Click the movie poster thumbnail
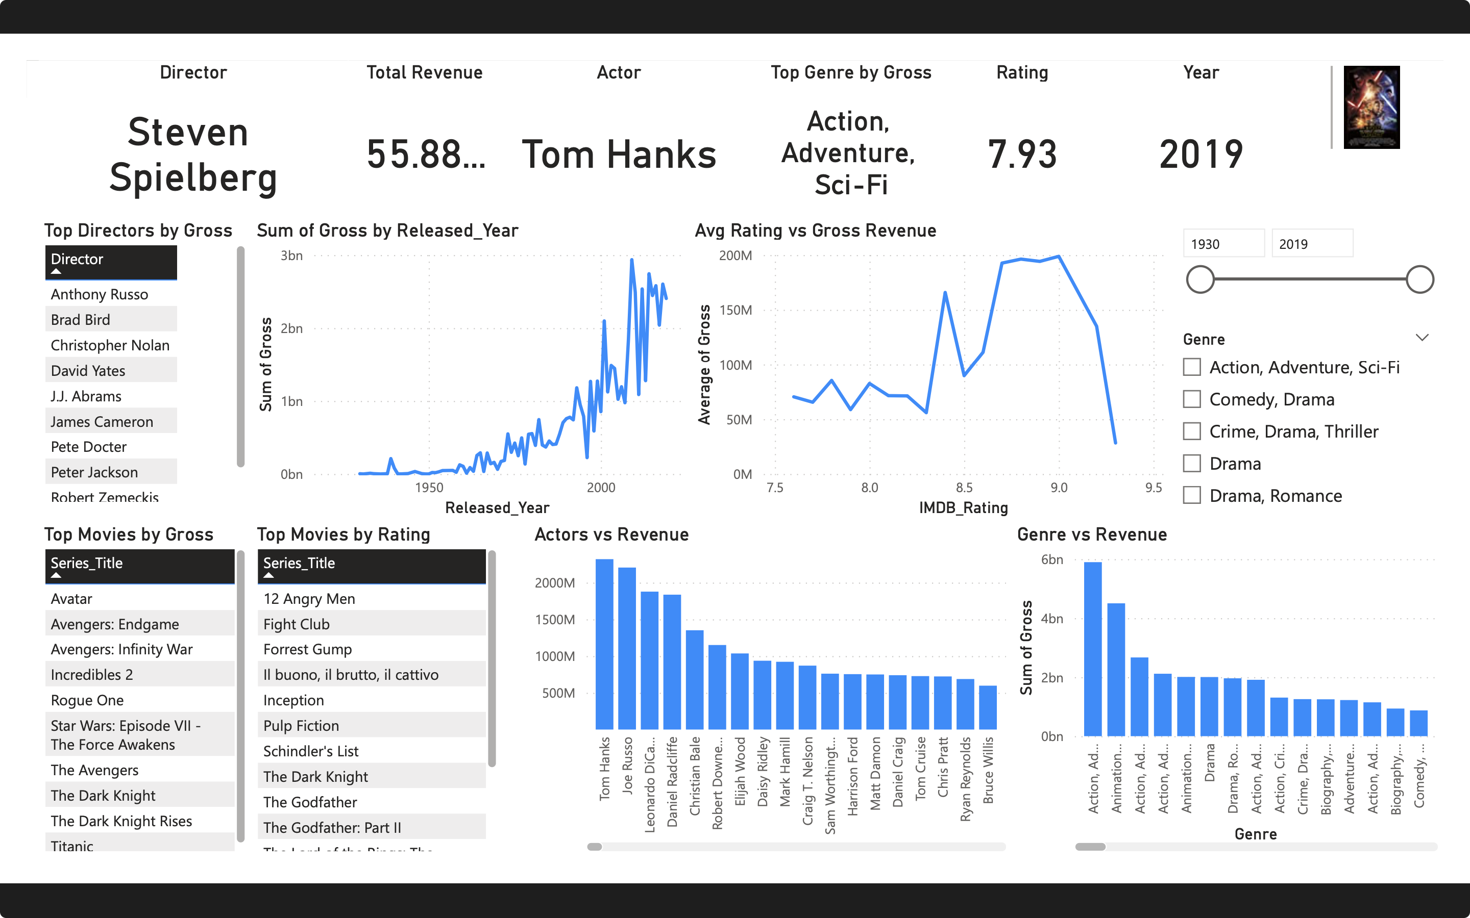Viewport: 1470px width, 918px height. [1371, 108]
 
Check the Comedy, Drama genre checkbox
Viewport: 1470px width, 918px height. [1192, 399]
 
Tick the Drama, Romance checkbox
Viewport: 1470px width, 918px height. [1192, 495]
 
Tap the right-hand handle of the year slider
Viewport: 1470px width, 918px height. [1419, 279]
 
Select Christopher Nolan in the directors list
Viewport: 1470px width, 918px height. [110, 345]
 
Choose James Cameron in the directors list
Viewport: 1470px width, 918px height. [102, 421]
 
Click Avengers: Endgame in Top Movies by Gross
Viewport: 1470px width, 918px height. [115, 624]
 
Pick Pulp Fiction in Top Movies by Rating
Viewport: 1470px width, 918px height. [301, 726]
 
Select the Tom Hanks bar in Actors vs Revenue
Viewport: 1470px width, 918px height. [604, 644]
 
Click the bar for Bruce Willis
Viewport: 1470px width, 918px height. [988, 707]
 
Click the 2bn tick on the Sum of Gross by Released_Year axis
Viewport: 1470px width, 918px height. [291, 328]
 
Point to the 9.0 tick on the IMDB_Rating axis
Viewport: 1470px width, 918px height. [1059, 488]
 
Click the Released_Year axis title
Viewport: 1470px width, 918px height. [497, 507]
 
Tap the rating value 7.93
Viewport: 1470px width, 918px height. [1022, 154]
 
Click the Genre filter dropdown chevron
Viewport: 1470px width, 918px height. [1422, 338]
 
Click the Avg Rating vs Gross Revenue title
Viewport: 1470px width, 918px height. [815, 231]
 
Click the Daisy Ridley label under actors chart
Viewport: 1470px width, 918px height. [763, 771]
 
